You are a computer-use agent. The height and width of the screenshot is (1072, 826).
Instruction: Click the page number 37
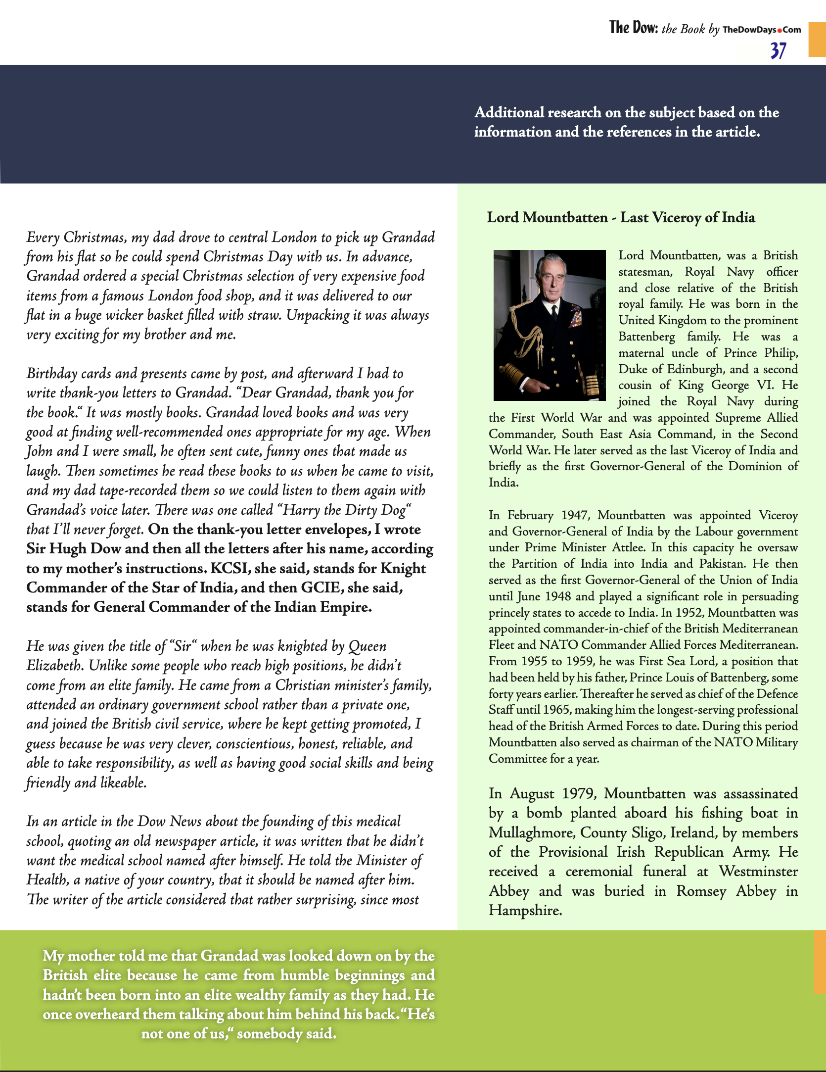click(778, 50)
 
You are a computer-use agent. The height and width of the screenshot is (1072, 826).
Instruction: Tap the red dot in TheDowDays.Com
click(780, 30)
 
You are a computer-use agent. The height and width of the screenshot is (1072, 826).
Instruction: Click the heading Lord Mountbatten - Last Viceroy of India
click(621, 217)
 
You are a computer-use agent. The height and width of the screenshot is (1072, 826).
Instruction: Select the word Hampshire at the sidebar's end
click(524, 910)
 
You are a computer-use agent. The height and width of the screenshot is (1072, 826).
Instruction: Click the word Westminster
click(758, 872)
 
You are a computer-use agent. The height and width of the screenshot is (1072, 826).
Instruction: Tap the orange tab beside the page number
click(817, 40)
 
